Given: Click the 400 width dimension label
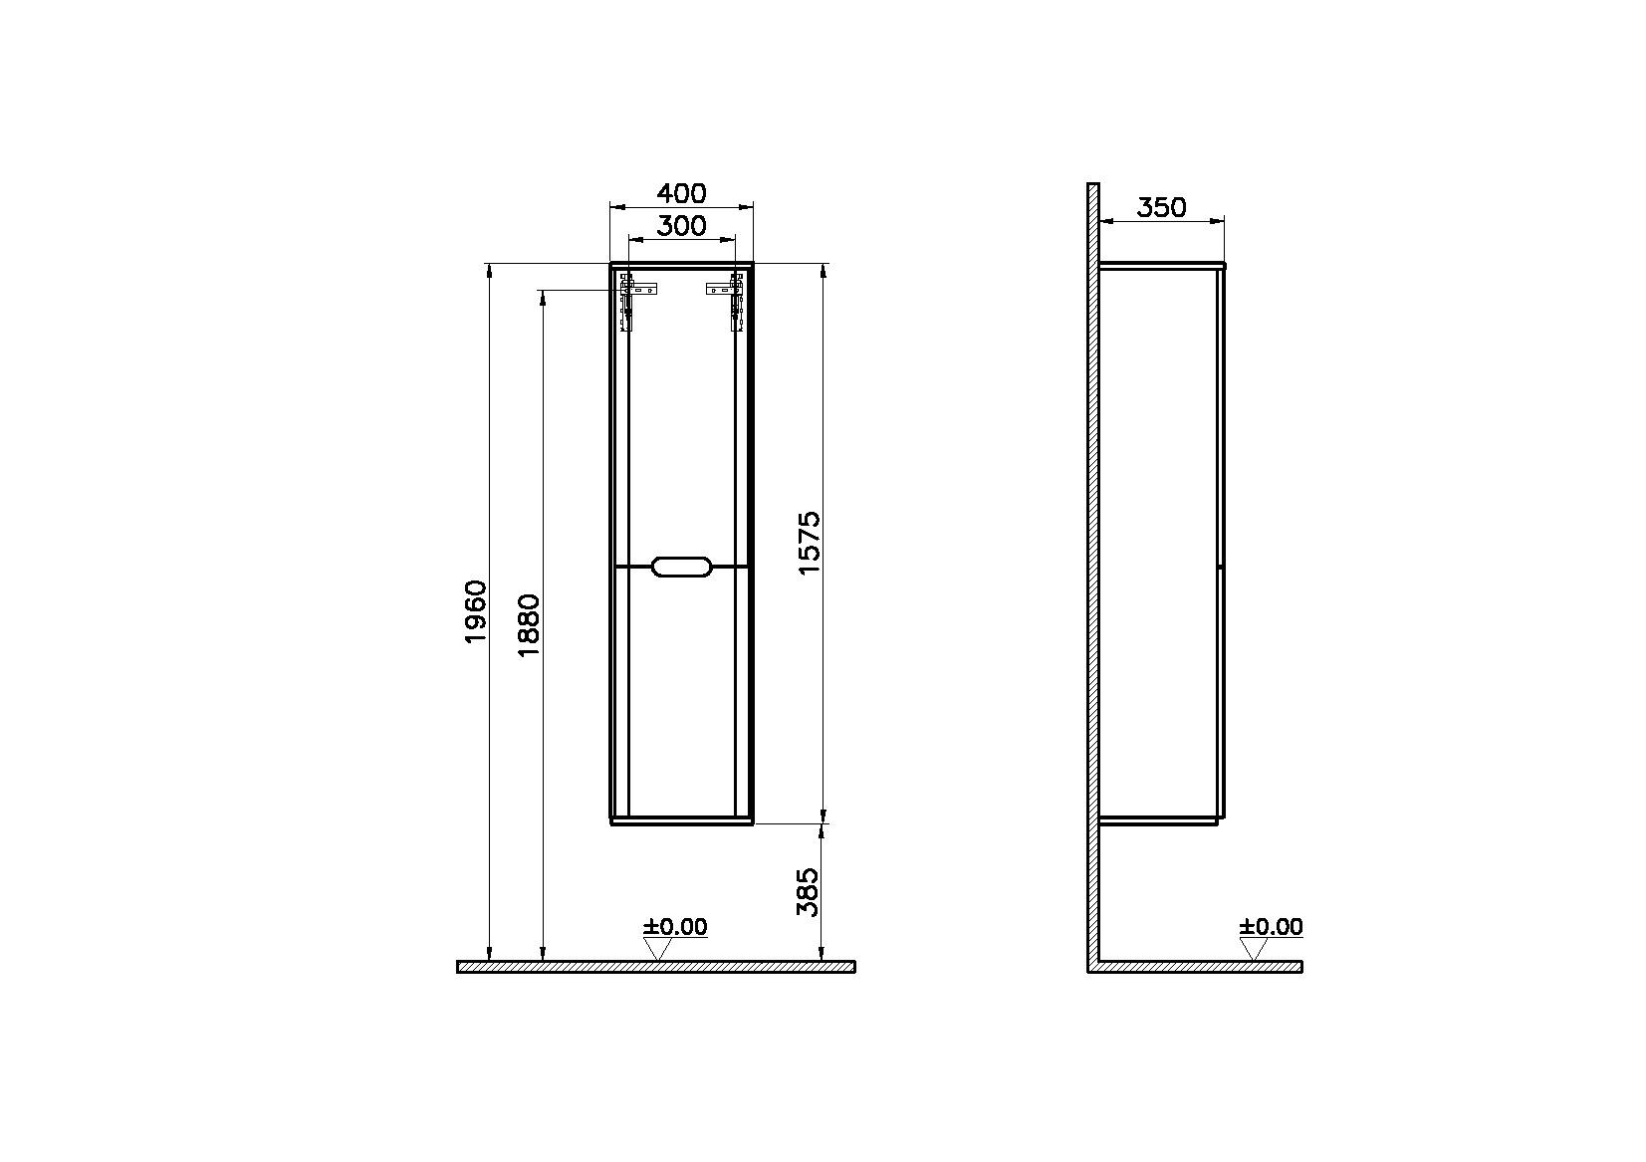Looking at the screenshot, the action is pos(681,193).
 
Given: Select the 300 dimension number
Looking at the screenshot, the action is pos(681,226).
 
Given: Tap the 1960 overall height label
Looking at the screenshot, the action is pos(476,611).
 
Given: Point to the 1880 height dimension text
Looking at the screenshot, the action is pos(529,625).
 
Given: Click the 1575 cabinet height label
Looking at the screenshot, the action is pos(809,543).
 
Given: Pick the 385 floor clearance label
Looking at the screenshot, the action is pos(808,892).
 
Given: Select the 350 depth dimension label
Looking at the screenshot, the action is pos(1161,208).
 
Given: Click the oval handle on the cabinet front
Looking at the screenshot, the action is pos(682,566).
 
